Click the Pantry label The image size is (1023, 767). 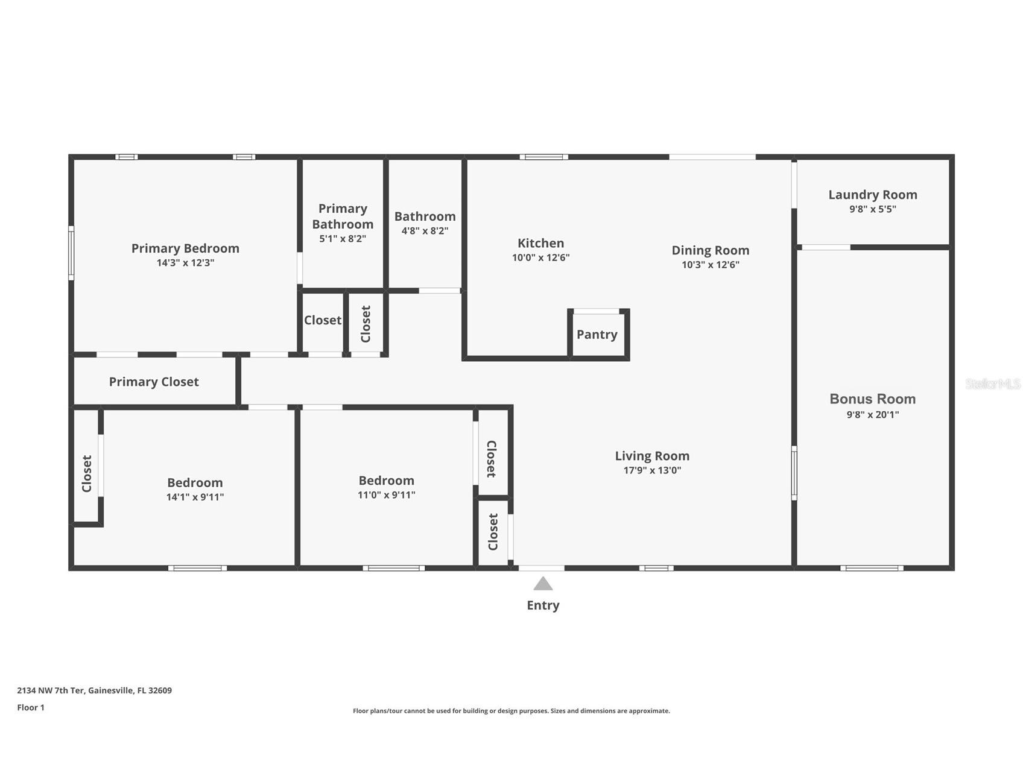[597, 335]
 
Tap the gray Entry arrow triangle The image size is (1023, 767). [543, 584]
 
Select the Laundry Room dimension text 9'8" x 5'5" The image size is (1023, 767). [872, 209]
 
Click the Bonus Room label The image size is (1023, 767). [872, 399]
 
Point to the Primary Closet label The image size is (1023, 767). [154, 382]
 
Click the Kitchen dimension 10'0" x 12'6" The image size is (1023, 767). [540, 257]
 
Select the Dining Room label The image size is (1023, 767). [710, 250]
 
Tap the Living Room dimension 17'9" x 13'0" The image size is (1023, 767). [652, 470]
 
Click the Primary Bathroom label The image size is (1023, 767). [343, 216]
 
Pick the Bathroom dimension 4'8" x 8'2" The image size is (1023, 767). [425, 230]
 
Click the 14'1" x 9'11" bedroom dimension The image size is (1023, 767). [195, 497]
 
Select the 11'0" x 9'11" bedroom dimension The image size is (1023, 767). [386, 495]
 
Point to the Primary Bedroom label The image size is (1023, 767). [185, 248]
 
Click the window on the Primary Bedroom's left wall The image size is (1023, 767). [71, 253]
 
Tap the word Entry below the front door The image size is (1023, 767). [543, 605]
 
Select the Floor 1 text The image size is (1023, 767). [31, 707]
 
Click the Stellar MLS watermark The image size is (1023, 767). [992, 383]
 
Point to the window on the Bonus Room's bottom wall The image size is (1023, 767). [872, 568]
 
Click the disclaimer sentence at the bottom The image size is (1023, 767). [511, 711]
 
